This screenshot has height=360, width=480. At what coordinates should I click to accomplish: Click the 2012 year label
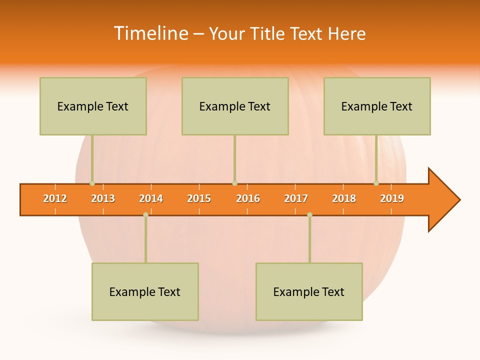(x=55, y=198)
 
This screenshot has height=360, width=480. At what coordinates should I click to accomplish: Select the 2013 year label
(x=103, y=198)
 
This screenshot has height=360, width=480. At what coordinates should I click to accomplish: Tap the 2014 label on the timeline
(x=151, y=198)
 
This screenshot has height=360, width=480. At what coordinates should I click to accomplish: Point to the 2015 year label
(x=199, y=198)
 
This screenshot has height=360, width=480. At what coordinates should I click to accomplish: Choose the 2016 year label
(x=248, y=198)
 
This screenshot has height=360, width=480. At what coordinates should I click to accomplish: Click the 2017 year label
(x=296, y=198)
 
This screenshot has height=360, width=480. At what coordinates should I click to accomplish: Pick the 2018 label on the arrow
(x=344, y=198)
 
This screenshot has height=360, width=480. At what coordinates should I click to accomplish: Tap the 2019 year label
(x=392, y=198)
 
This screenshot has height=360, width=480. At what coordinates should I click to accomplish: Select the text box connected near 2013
(x=93, y=106)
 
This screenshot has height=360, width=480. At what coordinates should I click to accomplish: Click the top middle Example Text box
(x=235, y=106)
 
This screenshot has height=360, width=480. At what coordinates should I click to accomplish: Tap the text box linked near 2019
(x=377, y=106)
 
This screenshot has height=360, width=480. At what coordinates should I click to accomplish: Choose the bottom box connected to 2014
(x=145, y=291)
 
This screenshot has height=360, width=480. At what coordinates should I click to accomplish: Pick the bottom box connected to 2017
(x=309, y=291)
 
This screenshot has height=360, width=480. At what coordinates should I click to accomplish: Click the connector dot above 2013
(x=92, y=183)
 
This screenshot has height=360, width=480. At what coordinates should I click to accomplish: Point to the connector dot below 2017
(x=309, y=215)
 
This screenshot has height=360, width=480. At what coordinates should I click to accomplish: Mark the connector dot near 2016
(x=234, y=183)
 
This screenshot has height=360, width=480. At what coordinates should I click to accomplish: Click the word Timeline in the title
(x=150, y=33)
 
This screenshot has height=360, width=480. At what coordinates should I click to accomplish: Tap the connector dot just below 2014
(x=145, y=215)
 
